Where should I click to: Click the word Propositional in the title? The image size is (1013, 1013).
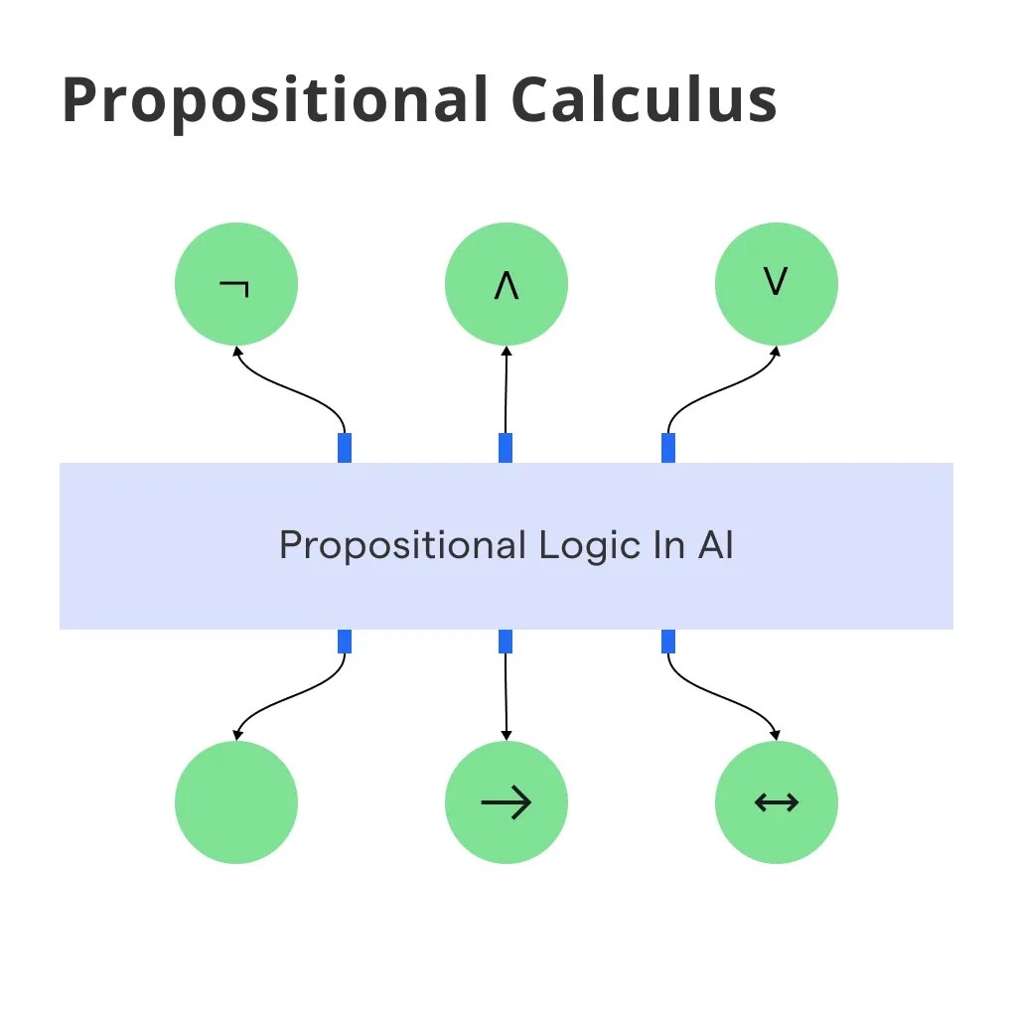click(x=274, y=100)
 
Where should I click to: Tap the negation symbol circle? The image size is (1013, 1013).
click(x=236, y=284)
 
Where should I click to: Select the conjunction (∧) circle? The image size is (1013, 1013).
click(x=506, y=284)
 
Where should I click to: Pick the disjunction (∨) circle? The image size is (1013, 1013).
click(x=777, y=284)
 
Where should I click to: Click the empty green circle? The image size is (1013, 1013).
click(x=236, y=802)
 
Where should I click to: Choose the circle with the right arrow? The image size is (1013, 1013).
click(x=506, y=802)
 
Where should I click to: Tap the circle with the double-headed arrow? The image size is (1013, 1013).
click(x=777, y=802)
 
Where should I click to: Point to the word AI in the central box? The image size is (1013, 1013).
click(x=715, y=545)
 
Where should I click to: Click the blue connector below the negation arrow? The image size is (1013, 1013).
click(x=345, y=448)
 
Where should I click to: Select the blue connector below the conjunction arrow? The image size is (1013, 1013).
click(x=506, y=448)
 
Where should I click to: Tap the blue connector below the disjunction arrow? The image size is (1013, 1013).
click(x=668, y=448)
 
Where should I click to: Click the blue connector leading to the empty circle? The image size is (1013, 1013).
click(x=345, y=642)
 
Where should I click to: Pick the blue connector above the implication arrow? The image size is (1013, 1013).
click(x=506, y=642)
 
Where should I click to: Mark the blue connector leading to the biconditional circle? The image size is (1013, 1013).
click(x=668, y=642)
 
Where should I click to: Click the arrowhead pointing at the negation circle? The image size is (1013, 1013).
click(x=236, y=351)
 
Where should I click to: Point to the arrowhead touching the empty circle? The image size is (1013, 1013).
click(x=236, y=735)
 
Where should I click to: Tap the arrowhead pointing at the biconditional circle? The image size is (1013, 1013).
click(x=777, y=735)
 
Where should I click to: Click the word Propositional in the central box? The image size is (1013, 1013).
click(x=402, y=547)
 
